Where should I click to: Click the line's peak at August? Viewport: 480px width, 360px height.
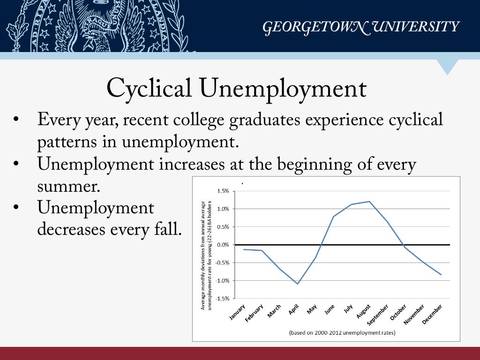click(369, 202)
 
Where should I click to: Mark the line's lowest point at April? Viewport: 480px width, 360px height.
click(298, 284)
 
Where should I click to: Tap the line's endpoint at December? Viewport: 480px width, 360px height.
click(441, 274)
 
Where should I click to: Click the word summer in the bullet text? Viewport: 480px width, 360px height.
click(69, 187)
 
